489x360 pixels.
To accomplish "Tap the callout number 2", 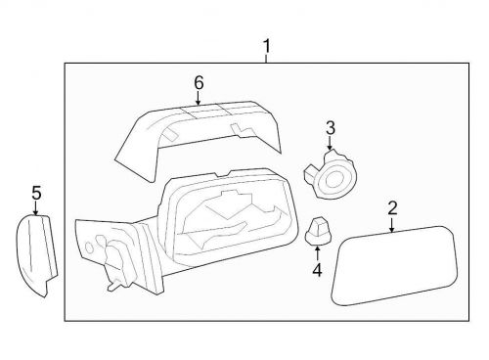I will [392, 207].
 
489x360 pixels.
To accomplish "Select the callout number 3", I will [330, 126].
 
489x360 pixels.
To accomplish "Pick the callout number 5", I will [36, 193].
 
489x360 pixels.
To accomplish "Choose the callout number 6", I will [199, 82].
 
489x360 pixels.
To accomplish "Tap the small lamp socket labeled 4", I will [318, 231].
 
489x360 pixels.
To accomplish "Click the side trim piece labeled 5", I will [37, 255].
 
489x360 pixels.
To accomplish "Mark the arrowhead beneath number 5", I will [36, 212].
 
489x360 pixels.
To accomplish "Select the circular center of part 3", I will [338, 178].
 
